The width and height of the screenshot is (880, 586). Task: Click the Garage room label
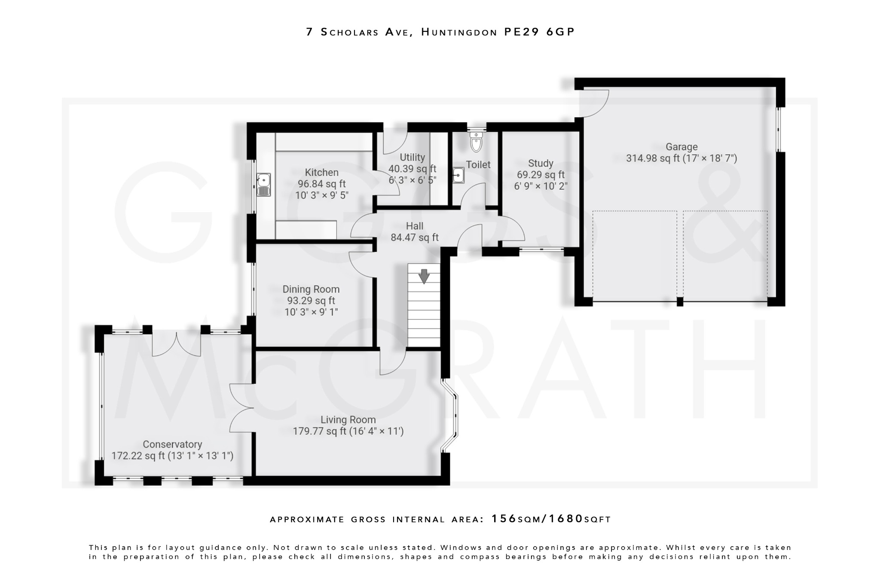click(x=681, y=147)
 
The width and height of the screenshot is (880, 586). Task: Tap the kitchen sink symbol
click(x=263, y=185)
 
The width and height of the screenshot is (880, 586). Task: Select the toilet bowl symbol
click(x=476, y=142)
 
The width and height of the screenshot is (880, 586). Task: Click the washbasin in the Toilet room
click(x=458, y=175)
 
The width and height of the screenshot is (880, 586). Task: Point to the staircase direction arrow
click(x=424, y=276)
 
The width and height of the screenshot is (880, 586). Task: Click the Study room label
click(x=541, y=164)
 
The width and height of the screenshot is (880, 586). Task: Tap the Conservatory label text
click(x=172, y=444)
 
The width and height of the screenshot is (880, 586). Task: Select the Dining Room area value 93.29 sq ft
click(x=311, y=301)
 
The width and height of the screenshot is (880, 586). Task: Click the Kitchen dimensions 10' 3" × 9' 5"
click(x=322, y=195)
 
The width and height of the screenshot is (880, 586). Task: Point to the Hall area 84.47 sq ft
click(x=415, y=237)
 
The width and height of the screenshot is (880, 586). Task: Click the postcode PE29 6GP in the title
click(x=540, y=32)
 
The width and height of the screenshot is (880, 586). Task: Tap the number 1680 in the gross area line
click(x=567, y=519)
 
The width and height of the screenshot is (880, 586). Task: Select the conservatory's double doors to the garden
click(x=177, y=343)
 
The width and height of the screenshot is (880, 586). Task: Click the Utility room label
click(x=412, y=158)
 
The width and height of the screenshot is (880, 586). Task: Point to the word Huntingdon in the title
click(x=459, y=32)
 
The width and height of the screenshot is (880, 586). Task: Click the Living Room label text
click(x=348, y=420)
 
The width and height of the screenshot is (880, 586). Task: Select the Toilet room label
click(x=478, y=165)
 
